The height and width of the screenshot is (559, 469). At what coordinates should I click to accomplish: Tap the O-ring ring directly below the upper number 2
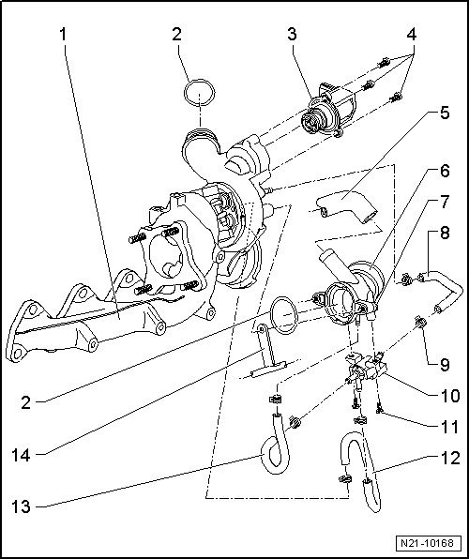tap(195, 95)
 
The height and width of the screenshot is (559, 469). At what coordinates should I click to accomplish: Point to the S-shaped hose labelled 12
tap(358, 469)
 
